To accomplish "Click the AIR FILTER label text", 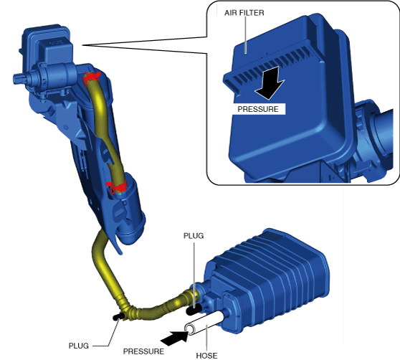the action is [244, 13].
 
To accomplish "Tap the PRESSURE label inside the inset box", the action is [258, 109].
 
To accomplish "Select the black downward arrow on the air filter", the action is [270, 83].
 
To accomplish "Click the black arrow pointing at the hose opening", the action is [175, 338].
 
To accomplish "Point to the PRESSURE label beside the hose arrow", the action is [143, 351].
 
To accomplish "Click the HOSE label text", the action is [206, 356].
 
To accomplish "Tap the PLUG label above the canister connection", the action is [194, 236].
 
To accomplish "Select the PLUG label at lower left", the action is [79, 346].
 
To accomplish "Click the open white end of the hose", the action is [190, 329].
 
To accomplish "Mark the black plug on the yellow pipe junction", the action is [118, 317].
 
